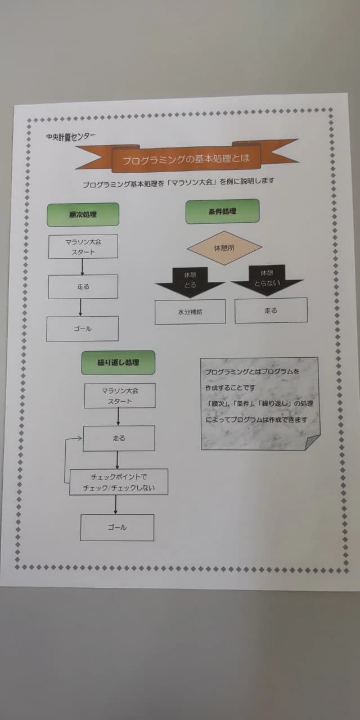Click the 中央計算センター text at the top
pyautogui.click(x=71, y=136)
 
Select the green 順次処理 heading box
pyautogui.click(x=83, y=214)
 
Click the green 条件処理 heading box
pyautogui.click(x=222, y=211)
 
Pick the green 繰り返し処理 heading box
pyautogui.click(x=118, y=363)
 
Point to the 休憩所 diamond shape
pyautogui.click(x=224, y=247)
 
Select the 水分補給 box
pyautogui.click(x=190, y=312)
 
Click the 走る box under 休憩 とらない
pyautogui.click(x=271, y=310)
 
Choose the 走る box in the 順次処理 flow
pyautogui.click(x=83, y=287)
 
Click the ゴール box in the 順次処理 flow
pyautogui.click(x=83, y=328)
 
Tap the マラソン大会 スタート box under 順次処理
pyautogui.click(x=83, y=247)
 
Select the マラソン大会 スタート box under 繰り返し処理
pyautogui.click(x=119, y=395)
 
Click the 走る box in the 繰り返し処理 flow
pyautogui.click(x=119, y=438)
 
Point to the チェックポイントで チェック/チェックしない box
pyautogui.click(x=119, y=482)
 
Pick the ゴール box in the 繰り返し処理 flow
pyautogui.click(x=117, y=528)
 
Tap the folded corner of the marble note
pyautogui.click(x=312, y=442)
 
